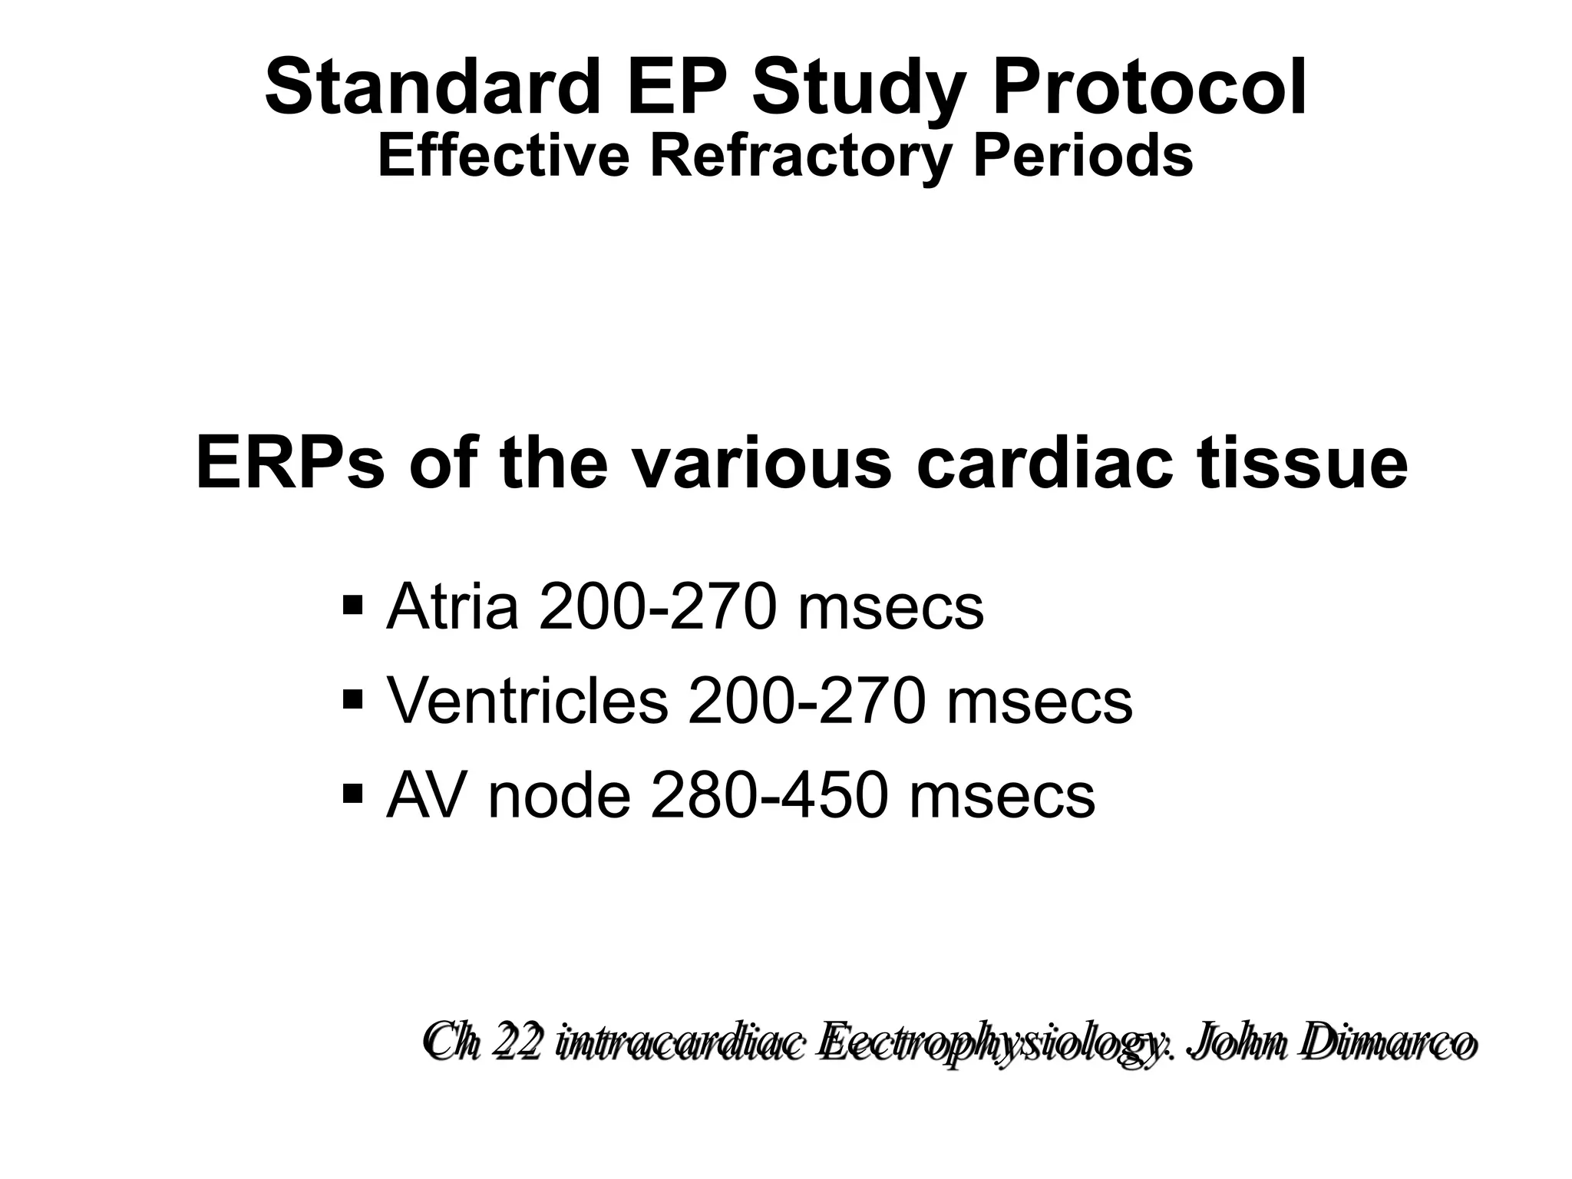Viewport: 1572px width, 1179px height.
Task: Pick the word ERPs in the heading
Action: (289, 463)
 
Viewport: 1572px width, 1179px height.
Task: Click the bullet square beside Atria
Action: (354, 604)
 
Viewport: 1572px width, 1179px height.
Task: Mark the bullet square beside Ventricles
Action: (354, 698)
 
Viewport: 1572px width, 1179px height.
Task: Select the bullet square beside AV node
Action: (354, 792)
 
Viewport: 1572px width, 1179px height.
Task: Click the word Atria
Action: (453, 607)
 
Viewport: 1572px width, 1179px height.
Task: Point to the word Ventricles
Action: (527, 701)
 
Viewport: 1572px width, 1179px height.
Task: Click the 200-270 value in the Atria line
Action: (659, 607)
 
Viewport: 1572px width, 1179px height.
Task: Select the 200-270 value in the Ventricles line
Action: (807, 701)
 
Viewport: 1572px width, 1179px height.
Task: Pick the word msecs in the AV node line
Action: (1002, 795)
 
